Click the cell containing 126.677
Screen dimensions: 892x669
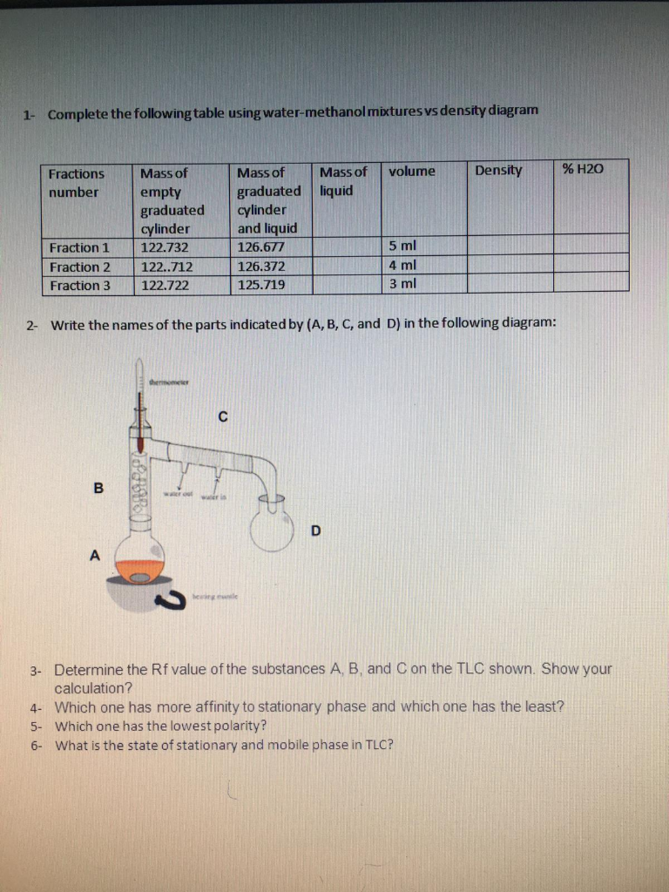(259, 247)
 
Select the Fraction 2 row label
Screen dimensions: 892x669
(80, 267)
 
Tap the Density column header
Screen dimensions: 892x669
(498, 171)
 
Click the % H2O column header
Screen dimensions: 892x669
(583, 170)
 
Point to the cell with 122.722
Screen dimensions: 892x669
(166, 285)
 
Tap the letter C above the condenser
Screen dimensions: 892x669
(222, 417)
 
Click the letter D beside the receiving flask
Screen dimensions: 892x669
(315, 530)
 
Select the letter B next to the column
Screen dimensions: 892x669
(98, 488)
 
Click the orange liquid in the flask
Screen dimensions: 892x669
(139, 571)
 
